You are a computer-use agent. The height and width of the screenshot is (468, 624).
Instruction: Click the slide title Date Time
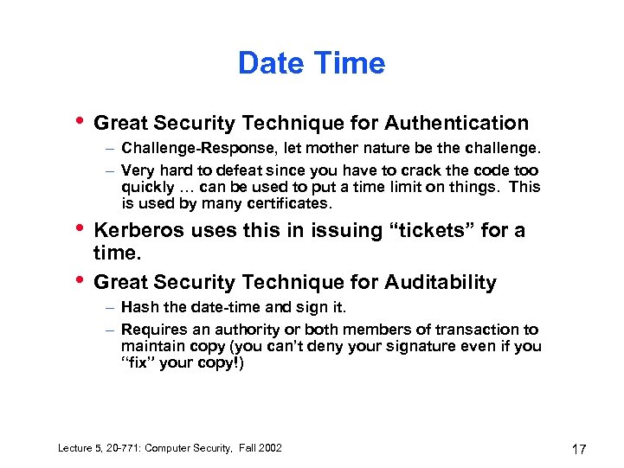[312, 63]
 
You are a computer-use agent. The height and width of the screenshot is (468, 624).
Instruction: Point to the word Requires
[151, 330]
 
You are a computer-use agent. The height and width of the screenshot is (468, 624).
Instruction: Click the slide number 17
[579, 449]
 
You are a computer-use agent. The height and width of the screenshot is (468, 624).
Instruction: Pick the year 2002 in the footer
[267, 447]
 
